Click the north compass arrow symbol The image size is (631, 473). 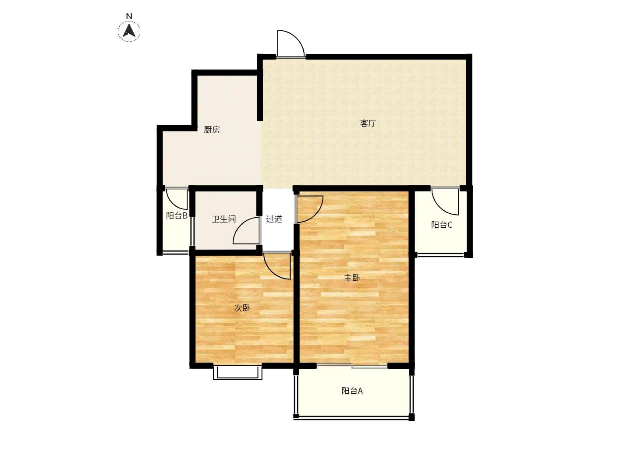point(129,31)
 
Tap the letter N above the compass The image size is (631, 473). point(129,16)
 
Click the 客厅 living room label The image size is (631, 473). point(368,123)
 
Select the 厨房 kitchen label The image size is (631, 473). point(212,130)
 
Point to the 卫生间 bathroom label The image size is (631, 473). point(224,219)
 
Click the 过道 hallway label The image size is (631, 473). point(274,219)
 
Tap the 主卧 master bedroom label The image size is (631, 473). point(352,278)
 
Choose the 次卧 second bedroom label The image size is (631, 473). point(242,308)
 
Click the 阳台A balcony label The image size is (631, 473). point(352,391)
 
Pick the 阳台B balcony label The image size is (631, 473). point(177,215)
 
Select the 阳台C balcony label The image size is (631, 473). point(442,225)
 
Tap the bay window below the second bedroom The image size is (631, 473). point(238,372)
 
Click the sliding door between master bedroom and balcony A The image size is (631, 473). point(352,366)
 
